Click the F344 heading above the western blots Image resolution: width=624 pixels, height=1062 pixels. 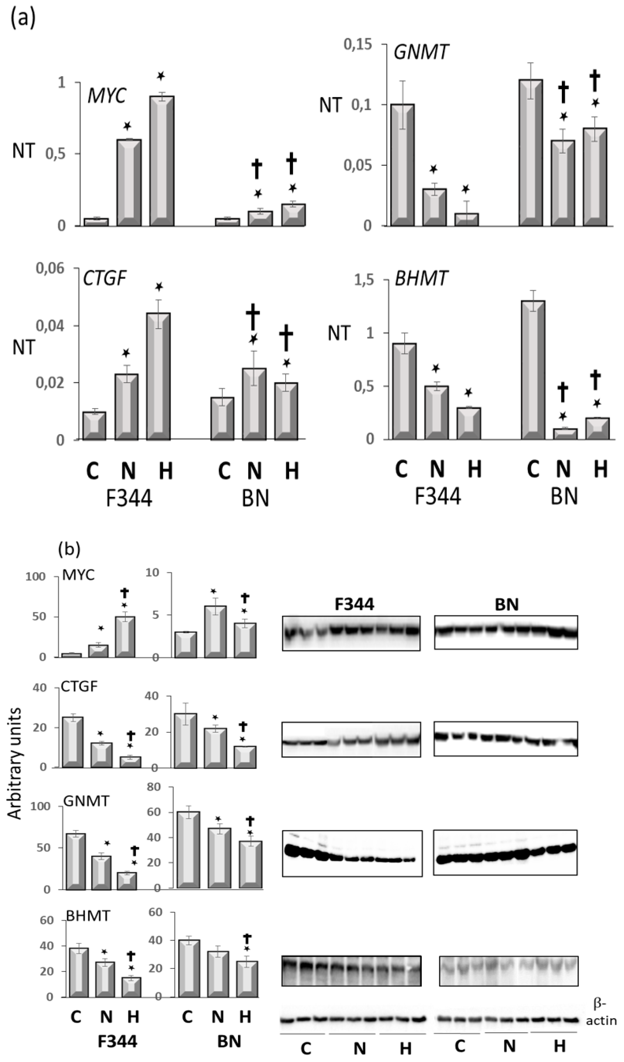click(354, 605)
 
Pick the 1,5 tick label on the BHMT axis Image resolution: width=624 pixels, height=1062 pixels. click(364, 280)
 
